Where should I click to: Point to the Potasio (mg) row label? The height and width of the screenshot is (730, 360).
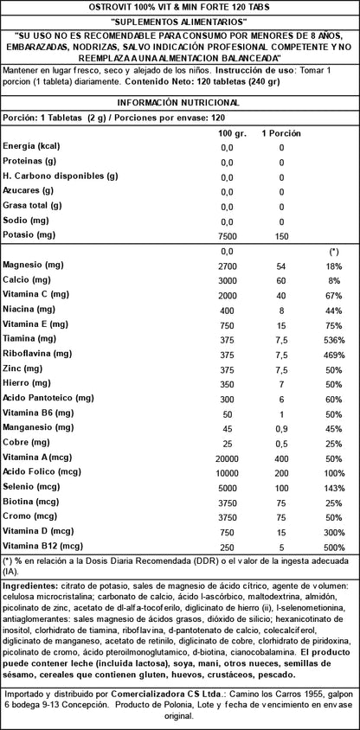[x=29, y=234]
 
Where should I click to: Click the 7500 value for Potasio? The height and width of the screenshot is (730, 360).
[x=227, y=235]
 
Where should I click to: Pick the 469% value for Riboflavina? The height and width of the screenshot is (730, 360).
[x=331, y=354]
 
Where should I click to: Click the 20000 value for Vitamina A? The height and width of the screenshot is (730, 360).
[x=227, y=457]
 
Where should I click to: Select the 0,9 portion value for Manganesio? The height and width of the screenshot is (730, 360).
[x=280, y=427]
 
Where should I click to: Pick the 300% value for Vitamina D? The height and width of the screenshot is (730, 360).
[x=331, y=530]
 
